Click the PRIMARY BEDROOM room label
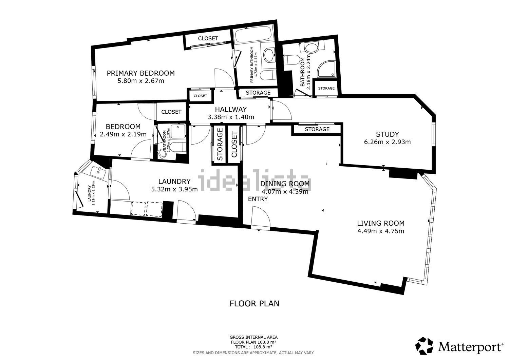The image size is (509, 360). (x=141, y=73)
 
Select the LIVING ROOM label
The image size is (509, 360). (x=380, y=223)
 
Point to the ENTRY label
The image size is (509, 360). (x=258, y=199)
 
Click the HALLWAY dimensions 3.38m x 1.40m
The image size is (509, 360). (x=231, y=117)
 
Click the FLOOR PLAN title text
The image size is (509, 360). (x=254, y=303)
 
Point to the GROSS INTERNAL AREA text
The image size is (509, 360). (x=254, y=337)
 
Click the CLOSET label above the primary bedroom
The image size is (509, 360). (x=208, y=39)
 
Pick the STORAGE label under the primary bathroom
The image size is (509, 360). (x=258, y=93)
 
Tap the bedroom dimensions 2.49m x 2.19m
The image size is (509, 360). (x=123, y=134)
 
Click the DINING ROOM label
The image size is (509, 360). (x=285, y=184)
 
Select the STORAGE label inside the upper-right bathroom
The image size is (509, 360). (x=326, y=88)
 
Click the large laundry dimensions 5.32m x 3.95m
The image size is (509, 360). (x=174, y=189)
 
